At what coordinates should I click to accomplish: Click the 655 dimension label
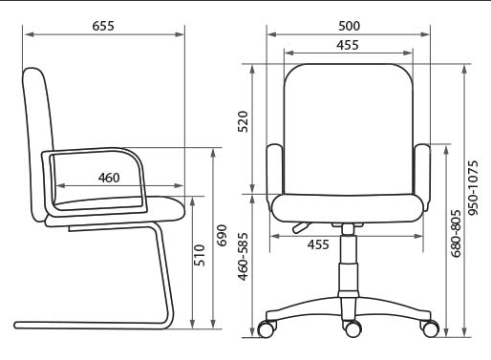pos(103,26)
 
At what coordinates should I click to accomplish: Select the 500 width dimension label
pos(349,26)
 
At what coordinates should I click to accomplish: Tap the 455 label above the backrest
pos(348,45)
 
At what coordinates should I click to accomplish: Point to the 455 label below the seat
pos(318,244)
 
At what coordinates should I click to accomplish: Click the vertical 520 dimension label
pos(243,121)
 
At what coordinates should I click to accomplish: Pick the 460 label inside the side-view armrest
pos(109,178)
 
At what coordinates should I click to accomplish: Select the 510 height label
pos(200,255)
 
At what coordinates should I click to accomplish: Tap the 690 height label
pos(222,236)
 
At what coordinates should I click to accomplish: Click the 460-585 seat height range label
pos(243,257)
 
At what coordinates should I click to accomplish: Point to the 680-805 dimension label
pos(456,233)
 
